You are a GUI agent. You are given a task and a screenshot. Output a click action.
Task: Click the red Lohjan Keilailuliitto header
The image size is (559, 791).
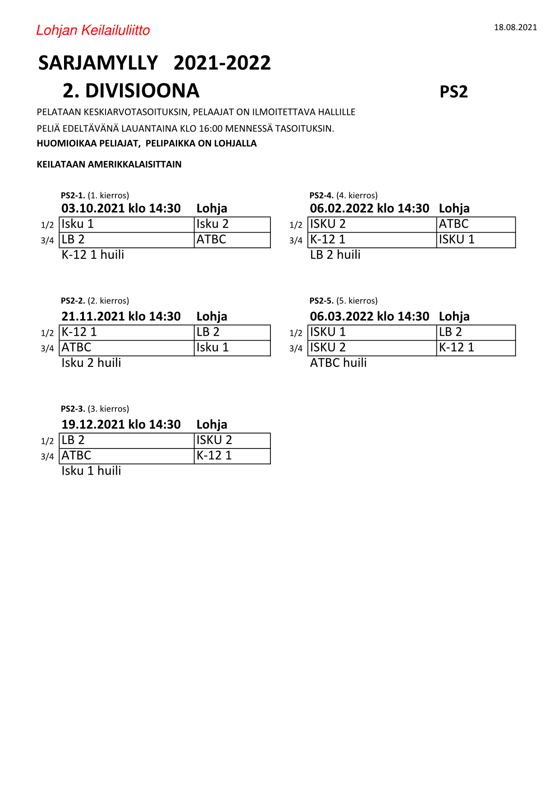coord(93,30)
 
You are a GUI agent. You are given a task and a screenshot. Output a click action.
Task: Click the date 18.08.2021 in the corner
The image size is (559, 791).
coord(515,27)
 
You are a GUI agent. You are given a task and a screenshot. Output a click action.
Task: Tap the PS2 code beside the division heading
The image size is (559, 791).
coord(454,91)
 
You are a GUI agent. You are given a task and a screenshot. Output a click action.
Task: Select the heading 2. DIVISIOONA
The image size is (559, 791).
coord(131,91)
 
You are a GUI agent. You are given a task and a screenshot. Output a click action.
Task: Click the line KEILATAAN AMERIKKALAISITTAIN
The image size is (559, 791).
coord(109,165)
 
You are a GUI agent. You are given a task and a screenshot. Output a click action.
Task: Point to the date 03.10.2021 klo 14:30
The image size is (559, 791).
coord(121,208)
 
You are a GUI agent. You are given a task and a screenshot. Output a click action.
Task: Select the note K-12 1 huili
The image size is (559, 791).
coord(93,255)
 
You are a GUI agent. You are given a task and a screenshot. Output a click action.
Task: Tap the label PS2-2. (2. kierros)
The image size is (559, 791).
coord(95,301)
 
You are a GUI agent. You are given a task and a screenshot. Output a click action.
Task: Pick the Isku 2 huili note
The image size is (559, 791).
coord(92,363)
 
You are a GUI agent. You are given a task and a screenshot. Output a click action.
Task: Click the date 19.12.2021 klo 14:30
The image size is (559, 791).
coord(121,425)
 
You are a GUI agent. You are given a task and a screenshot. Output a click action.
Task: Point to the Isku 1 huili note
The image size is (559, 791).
coord(92,471)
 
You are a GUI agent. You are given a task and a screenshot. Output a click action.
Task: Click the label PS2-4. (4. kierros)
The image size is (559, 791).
coord(344,196)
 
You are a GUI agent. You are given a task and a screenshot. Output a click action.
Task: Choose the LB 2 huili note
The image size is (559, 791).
coord(335,255)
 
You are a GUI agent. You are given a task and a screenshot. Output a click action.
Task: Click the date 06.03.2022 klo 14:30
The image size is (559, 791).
coord(369,316)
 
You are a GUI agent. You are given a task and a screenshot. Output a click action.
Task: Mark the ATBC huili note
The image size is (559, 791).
coord(339,363)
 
